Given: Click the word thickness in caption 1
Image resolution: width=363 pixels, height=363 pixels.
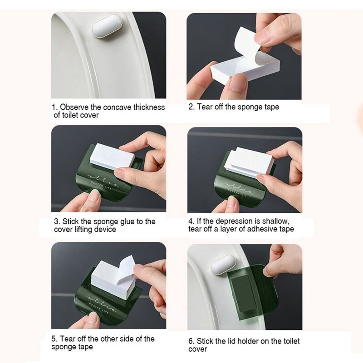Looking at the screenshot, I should coord(148,107).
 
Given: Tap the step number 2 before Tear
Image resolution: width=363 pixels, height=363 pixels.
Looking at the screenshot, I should coord(191,107).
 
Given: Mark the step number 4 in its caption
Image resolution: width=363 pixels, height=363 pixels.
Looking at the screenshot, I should coord(191,221).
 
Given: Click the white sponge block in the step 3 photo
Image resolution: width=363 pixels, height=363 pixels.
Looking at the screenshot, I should coord(112,156).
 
